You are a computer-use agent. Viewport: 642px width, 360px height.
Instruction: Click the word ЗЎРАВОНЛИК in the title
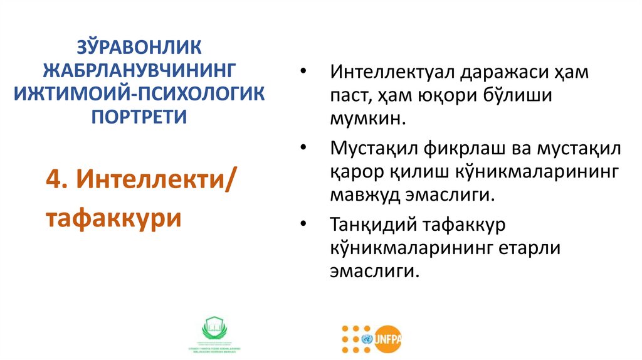[140, 48]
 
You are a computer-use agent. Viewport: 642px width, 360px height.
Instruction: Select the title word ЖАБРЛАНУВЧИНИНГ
[140, 71]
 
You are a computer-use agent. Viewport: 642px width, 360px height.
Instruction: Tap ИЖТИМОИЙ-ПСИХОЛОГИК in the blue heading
[140, 93]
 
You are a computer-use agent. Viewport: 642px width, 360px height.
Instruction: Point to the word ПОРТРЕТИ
[140, 116]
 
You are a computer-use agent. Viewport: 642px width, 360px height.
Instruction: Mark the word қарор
[352, 172]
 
